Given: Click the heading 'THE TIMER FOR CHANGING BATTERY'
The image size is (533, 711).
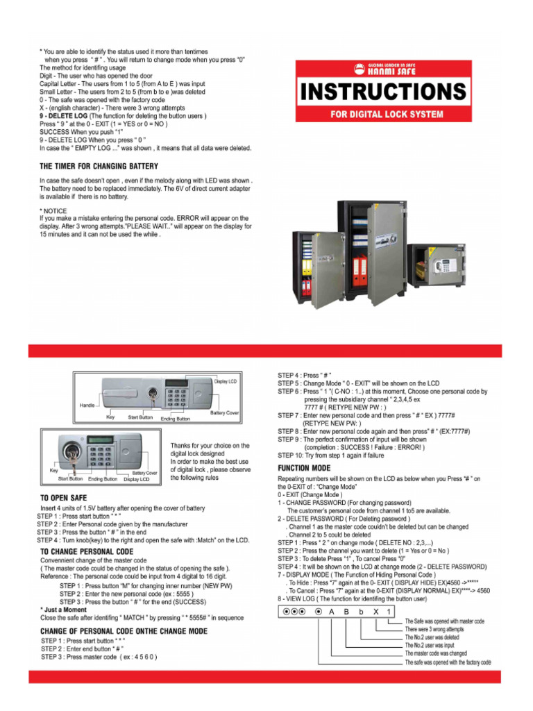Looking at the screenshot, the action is click(99, 167).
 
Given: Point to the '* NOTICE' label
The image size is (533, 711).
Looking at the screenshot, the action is click(55, 210).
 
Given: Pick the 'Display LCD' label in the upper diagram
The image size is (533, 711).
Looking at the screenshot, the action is click(226, 381).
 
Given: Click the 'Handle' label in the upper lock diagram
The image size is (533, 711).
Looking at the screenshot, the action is click(87, 405).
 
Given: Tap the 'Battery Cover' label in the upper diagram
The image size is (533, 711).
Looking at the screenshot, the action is click(224, 413).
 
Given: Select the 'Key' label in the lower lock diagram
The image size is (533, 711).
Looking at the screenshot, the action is click(54, 470).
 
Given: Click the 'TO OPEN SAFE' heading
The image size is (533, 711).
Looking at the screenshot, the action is click(64, 498).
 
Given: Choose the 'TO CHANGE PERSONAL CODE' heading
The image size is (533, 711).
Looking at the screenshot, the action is click(87, 551).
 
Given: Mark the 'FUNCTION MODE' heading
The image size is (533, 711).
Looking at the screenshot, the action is click(305, 469).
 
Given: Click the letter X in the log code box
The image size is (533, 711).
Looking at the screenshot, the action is click(375, 612).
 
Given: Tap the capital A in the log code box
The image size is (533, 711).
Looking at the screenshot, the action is click(331, 612).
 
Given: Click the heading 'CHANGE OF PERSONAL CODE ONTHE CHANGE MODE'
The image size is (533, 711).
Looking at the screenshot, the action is click(124, 631).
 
